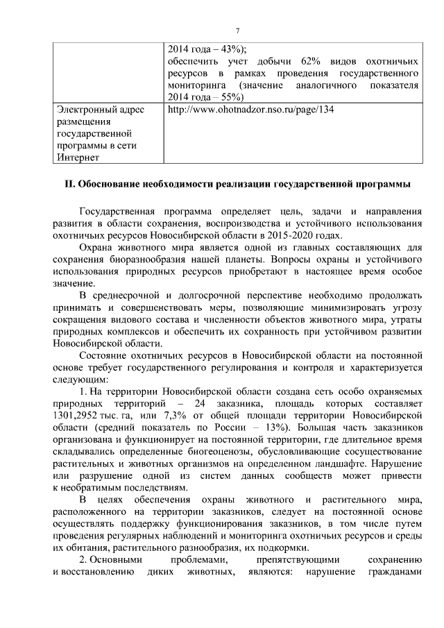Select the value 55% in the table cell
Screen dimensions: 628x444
(225, 98)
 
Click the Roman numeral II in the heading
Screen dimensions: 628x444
(68, 185)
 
